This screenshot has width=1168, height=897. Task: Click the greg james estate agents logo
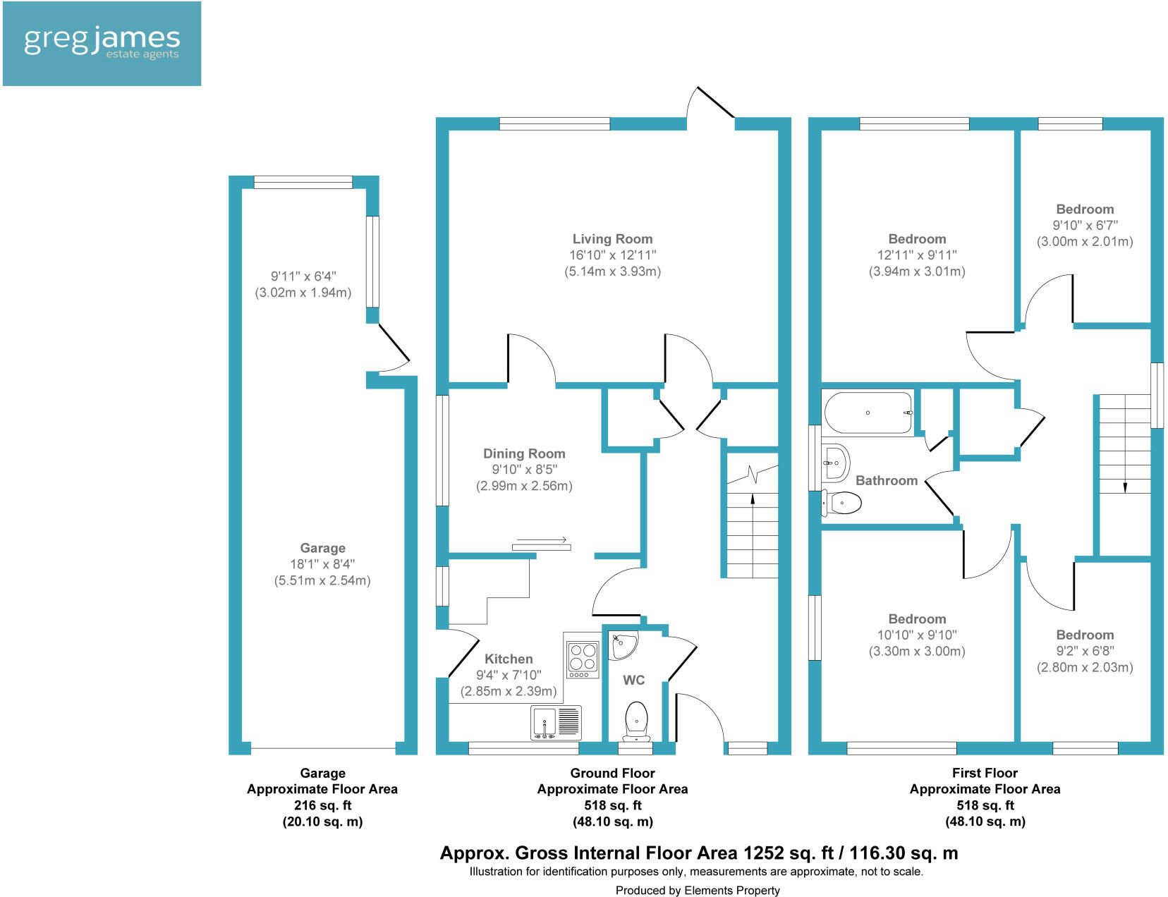pyautogui.click(x=102, y=44)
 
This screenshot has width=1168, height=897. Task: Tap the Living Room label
pyautogui.click(x=612, y=239)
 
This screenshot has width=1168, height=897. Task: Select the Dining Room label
pyautogui.click(x=524, y=453)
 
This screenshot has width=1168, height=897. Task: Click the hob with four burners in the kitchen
pyautogui.click(x=583, y=659)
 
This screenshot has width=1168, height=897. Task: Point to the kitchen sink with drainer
pyautogui.click(x=556, y=722)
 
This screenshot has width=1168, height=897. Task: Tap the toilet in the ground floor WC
pyautogui.click(x=636, y=721)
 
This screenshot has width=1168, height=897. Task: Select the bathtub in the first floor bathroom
pyautogui.click(x=868, y=413)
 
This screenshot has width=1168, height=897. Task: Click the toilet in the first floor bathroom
pyautogui.click(x=841, y=503)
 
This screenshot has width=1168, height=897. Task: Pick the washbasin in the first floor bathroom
pyautogui.click(x=835, y=462)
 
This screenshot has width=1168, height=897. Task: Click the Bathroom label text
pyautogui.click(x=887, y=480)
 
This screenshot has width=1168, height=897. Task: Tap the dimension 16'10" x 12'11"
pyautogui.click(x=613, y=255)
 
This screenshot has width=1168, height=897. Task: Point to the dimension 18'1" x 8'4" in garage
pyautogui.click(x=322, y=564)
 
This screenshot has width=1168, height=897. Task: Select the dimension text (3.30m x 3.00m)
pyautogui.click(x=917, y=652)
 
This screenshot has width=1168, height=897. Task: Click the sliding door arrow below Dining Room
pyautogui.click(x=542, y=539)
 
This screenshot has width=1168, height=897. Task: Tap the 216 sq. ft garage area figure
pyautogui.click(x=322, y=805)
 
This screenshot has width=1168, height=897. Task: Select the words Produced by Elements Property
pyautogui.click(x=697, y=891)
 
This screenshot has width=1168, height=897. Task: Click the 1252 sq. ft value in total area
pyautogui.click(x=788, y=853)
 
